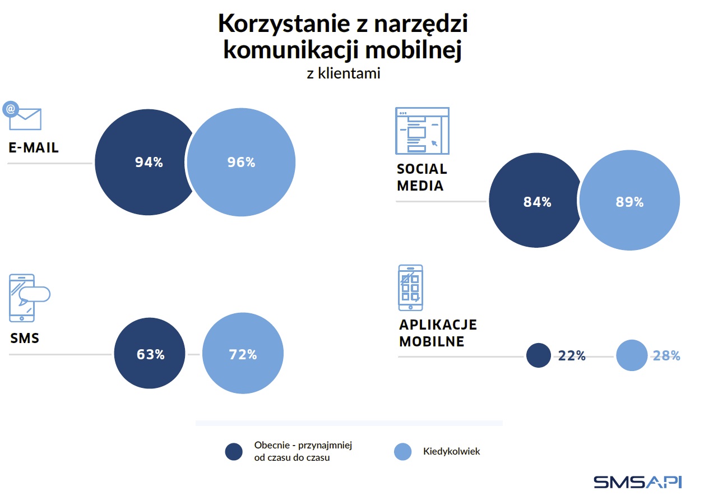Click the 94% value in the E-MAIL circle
(149, 163)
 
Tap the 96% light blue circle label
(241, 163)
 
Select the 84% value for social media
(537, 202)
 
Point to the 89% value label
(629, 202)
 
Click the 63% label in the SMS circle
(150, 355)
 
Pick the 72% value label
(243, 355)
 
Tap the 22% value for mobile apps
(572, 356)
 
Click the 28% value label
(666, 356)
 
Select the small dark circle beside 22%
(539, 355)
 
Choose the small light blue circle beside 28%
(632, 355)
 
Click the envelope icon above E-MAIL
(24, 116)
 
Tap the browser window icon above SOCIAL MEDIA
(422, 131)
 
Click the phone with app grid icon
(410, 288)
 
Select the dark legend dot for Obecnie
(234, 451)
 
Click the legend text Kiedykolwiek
(451, 451)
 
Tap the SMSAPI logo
(638, 481)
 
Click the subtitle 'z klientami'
(344, 73)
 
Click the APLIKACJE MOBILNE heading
(438, 333)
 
